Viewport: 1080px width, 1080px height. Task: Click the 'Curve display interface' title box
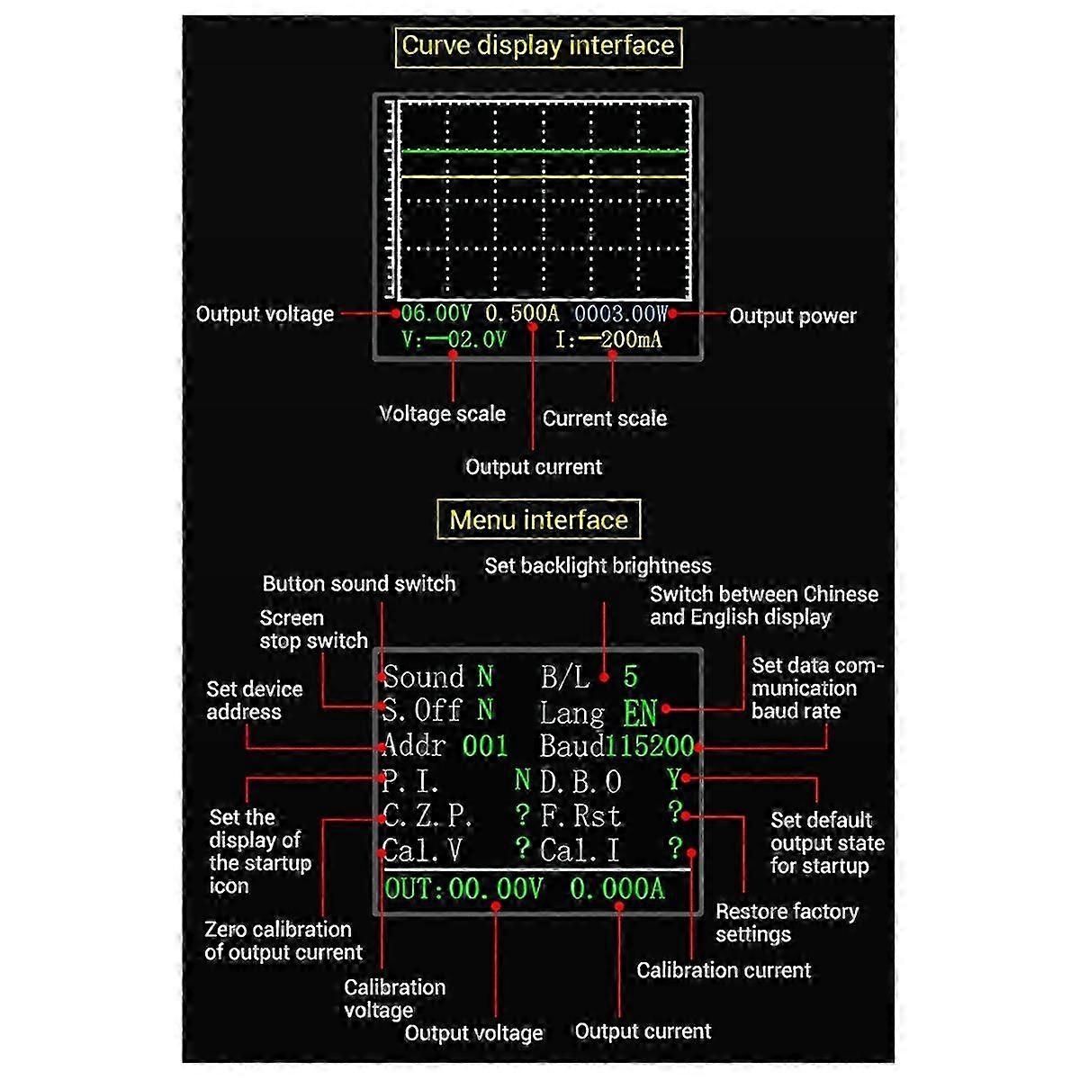(538, 46)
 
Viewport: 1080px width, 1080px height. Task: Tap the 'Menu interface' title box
(538, 520)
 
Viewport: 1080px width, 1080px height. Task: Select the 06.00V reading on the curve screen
(436, 314)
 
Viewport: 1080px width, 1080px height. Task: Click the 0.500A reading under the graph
(522, 314)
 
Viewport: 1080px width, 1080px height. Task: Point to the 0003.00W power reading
(621, 314)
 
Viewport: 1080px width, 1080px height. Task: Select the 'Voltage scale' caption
(442, 414)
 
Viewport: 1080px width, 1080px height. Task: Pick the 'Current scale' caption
(604, 418)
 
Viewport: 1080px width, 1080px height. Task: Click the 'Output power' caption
(792, 316)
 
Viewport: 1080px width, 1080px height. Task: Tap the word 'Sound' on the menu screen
(424, 677)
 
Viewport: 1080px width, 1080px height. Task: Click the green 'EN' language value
(640, 714)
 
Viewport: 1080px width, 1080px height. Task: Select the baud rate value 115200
(650, 746)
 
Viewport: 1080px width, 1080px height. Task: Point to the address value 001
(485, 746)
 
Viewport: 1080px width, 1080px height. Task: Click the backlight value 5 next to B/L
(630, 676)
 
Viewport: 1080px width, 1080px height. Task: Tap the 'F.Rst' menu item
(580, 816)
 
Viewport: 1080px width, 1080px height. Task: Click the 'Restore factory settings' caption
(787, 922)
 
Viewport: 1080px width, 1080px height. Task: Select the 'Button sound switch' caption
(359, 583)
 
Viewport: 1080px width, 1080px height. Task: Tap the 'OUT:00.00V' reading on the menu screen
(463, 889)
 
